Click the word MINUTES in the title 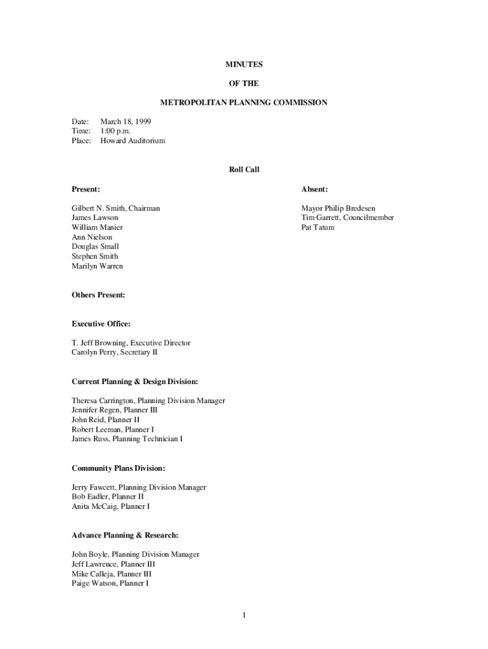(x=244, y=64)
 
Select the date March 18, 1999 (x=125, y=121)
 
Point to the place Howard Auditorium (x=132, y=141)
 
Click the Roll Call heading (x=244, y=170)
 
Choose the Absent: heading (x=314, y=189)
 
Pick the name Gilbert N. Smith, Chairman (x=115, y=208)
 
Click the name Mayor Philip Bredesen (x=338, y=208)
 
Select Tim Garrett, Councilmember (x=347, y=217)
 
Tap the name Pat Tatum (x=318, y=228)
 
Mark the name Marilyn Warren (x=97, y=266)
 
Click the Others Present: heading (x=98, y=295)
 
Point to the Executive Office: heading (x=101, y=324)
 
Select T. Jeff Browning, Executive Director (x=131, y=343)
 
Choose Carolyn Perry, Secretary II (x=114, y=352)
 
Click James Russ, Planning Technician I (x=127, y=439)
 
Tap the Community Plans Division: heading (x=118, y=468)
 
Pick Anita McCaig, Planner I (x=110, y=506)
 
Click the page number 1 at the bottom (x=244, y=615)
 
